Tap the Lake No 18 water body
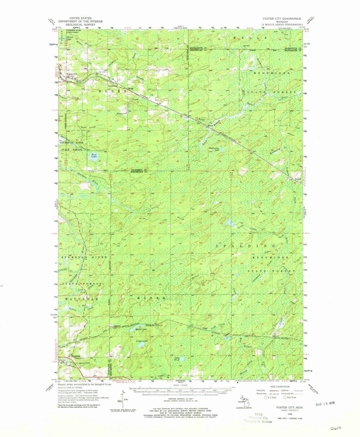point(182,359)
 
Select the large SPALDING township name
point(243,246)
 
